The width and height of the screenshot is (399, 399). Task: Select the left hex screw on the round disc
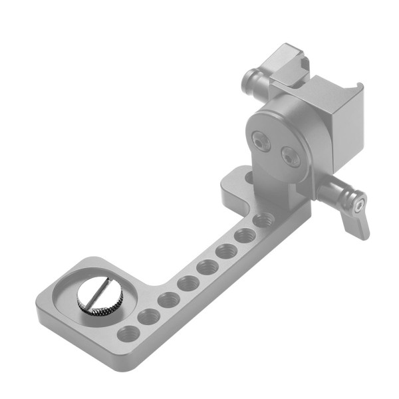pyautogui.click(x=258, y=141)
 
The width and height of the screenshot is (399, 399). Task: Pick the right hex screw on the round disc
pyautogui.click(x=289, y=158)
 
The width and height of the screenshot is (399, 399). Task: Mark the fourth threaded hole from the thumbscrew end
pyautogui.click(x=187, y=283)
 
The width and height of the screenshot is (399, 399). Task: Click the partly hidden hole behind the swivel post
pyautogui.click(x=249, y=178)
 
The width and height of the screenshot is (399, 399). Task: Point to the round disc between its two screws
pyautogui.click(x=273, y=149)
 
